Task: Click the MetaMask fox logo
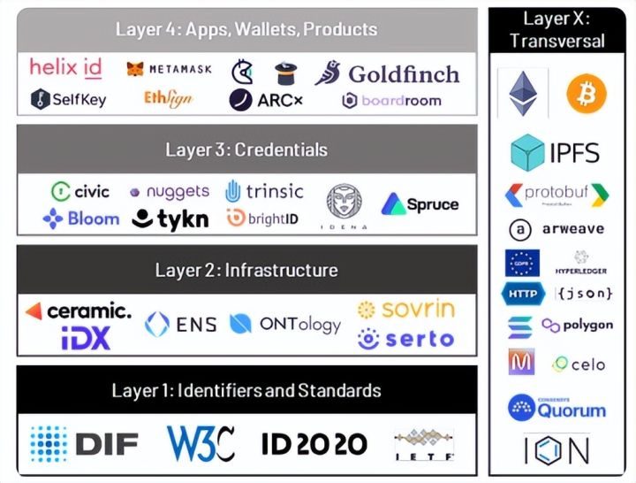pyautogui.click(x=135, y=68)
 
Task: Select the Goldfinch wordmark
pyautogui.click(x=403, y=73)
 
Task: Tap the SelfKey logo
pyautogui.click(x=68, y=99)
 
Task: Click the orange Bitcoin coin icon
pyautogui.click(x=586, y=93)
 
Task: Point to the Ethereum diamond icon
pyautogui.click(x=523, y=94)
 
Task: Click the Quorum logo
pyautogui.click(x=557, y=408)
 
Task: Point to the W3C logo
pyautogui.click(x=201, y=443)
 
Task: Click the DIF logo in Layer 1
pyautogui.click(x=84, y=442)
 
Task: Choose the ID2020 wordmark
pyautogui.click(x=314, y=443)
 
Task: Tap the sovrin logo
pyautogui.click(x=406, y=309)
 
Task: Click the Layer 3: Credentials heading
pyautogui.click(x=246, y=149)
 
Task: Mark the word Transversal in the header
pyautogui.click(x=556, y=41)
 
